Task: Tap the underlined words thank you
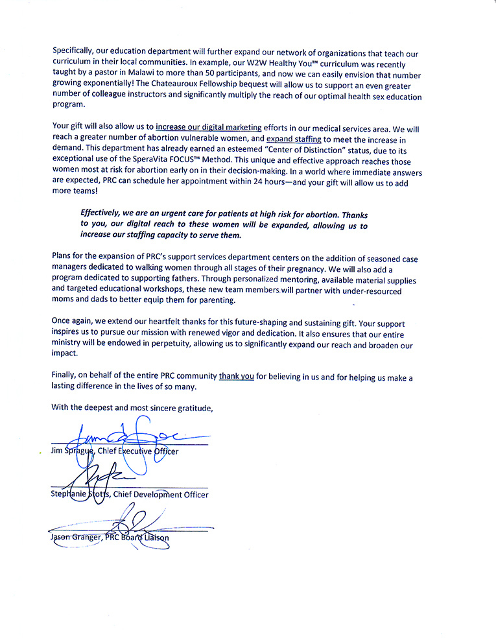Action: (x=236, y=377)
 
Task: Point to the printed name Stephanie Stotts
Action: (x=80, y=495)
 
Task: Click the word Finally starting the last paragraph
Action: (x=65, y=377)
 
